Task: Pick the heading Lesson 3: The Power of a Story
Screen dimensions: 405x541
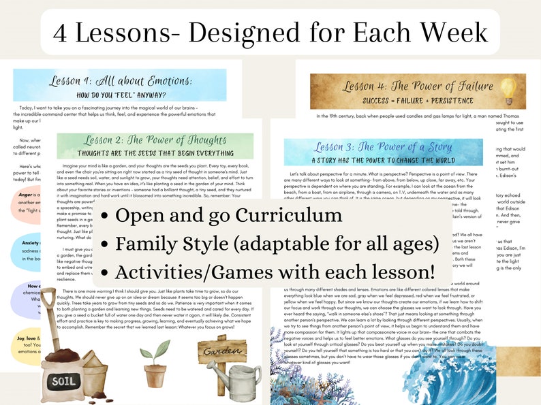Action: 383,148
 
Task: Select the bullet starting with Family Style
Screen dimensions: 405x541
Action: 266,244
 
